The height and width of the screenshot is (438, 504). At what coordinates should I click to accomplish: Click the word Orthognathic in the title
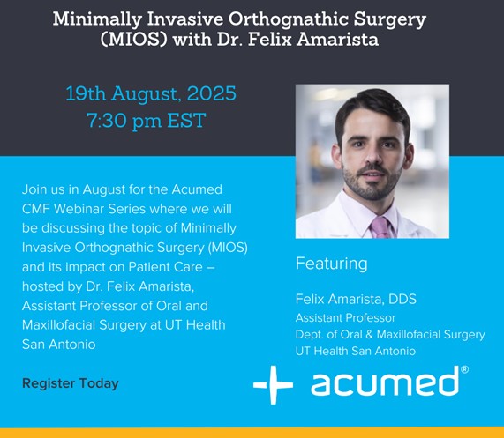point(289,19)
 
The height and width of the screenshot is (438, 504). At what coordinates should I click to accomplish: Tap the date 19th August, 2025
point(151,93)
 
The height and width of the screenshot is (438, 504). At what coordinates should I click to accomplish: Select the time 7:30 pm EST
point(147,121)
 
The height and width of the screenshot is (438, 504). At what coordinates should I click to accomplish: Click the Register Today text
point(71,383)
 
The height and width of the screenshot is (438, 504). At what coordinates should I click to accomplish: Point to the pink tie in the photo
point(380,227)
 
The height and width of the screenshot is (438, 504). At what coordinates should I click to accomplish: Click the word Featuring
point(331,264)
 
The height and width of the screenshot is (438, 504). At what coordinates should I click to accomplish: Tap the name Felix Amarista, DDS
point(356,299)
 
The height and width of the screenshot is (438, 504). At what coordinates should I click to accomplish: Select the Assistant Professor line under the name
point(345,317)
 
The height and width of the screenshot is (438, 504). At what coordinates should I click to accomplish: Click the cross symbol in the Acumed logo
point(274,384)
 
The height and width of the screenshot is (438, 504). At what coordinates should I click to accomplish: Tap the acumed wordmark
point(385,381)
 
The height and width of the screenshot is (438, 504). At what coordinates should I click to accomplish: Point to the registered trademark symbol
point(464,369)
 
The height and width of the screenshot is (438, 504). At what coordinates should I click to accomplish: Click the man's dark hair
point(373,108)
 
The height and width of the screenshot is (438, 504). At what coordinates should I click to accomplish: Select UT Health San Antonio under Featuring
point(356,351)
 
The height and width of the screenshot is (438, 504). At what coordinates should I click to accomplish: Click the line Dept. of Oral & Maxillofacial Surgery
point(390,334)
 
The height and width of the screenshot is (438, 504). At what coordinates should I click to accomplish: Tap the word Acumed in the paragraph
point(197,189)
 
